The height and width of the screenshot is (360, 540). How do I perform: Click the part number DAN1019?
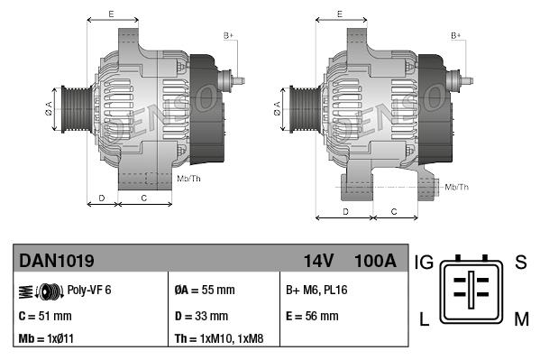click(x=57, y=261)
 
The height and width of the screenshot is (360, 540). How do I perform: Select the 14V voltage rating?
click(x=318, y=261)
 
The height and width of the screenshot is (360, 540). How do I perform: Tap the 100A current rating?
click(x=376, y=261)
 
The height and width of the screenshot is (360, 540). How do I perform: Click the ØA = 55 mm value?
click(x=204, y=291)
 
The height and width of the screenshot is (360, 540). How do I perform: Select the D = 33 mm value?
click(x=201, y=316)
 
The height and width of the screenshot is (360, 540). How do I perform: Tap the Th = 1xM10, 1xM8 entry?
click(x=218, y=339)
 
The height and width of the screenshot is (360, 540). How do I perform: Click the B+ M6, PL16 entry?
click(x=318, y=291)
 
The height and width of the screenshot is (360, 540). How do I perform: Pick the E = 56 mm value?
click(x=312, y=316)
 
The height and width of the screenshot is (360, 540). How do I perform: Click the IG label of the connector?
click(x=424, y=263)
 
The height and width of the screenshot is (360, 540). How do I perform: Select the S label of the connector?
click(x=520, y=263)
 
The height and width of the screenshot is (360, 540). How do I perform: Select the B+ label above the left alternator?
click(x=228, y=35)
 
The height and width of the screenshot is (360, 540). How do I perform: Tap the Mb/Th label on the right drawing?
click(x=456, y=187)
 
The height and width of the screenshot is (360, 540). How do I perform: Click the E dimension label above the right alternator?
click(x=339, y=14)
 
